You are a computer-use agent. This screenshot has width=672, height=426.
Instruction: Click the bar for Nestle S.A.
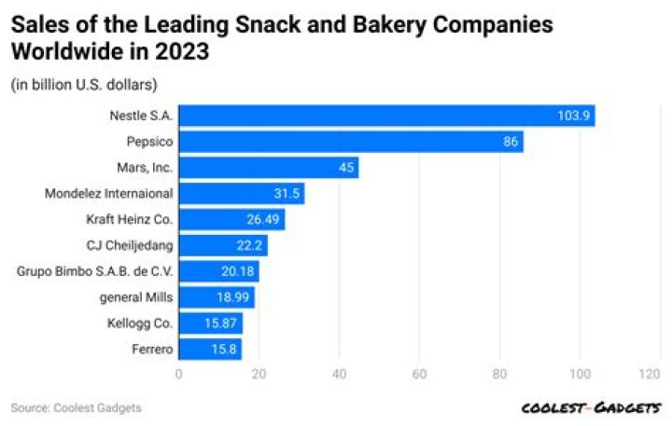pyautogui.click(x=386, y=116)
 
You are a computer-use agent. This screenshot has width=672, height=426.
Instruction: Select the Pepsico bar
pyautogui.click(x=350, y=142)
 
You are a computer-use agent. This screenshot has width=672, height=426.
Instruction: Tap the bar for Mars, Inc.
pyautogui.click(x=268, y=168)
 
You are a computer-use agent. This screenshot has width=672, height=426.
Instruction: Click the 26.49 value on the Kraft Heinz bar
pyautogui.click(x=263, y=220)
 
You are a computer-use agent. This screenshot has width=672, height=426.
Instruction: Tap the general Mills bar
pyautogui.click(x=216, y=297)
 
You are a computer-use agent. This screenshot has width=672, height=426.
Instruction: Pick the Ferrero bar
pyautogui.click(x=209, y=350)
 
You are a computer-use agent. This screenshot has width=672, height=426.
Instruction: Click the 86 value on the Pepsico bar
pyautogui.click(x=509, y=142)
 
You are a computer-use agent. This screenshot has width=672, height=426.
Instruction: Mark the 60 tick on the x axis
pyautogui.click(x=419, y=374)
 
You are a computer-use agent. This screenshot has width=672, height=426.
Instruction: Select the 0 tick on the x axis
pyautogui.click(x=178, y=374)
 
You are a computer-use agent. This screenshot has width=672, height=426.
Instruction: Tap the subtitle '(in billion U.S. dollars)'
pyautogui.click(x=84, y=86)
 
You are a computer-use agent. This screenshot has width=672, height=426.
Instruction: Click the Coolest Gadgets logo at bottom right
pyautogui.click(x=592, y=408)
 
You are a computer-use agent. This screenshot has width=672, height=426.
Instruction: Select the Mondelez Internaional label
pyautogui.click(x=109, y=194)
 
